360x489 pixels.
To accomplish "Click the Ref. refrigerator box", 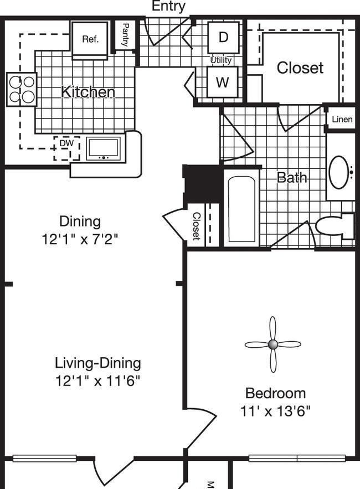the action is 90,40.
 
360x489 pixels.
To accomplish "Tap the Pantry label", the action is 125,34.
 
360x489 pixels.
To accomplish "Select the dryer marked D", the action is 223,38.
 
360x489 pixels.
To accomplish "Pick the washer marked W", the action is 223,82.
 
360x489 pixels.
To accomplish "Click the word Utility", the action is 221,60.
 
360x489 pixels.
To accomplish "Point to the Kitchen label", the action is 88,92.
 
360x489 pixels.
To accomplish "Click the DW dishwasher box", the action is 67,148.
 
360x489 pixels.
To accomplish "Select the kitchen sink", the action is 104,149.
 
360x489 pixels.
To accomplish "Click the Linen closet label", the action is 342,119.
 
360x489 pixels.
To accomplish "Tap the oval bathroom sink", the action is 339,172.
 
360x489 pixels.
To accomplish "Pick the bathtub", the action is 242,209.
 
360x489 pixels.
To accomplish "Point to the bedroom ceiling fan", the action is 273,344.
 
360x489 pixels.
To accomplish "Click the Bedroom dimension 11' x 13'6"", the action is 275,411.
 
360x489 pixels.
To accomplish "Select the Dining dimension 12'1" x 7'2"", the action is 80,239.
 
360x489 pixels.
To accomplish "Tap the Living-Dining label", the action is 98,363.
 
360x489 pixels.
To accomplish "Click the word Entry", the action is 168,6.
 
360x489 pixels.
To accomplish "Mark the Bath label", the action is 292,177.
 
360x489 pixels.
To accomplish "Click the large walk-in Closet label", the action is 300,68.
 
